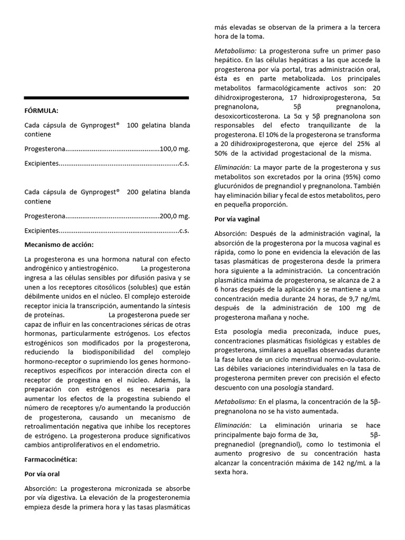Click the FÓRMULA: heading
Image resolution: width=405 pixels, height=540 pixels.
coord(41,111)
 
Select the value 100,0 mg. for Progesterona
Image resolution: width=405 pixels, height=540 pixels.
coord(175,149)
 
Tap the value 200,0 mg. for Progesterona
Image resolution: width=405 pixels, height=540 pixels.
coord(175,216)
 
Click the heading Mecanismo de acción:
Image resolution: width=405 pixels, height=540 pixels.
coord(59,245)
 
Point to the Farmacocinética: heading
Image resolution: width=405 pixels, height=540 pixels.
coord(51,459)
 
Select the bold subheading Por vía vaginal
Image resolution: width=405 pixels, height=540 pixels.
coord(237,218)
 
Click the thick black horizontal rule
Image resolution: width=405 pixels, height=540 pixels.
coord(107,98)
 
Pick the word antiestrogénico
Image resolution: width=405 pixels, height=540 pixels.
coord(93,268)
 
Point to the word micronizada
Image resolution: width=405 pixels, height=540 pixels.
coord(119,488)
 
